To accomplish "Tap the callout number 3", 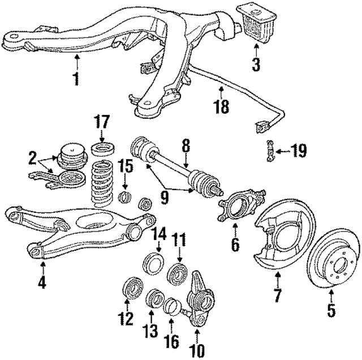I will pyautogui.click(x=256, y=64).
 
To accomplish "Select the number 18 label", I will pyautogui.click(x=222, y=106).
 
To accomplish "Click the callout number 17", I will pyautogui.click(x=102, y=122).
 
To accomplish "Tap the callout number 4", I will pyautogui.click(x=42, y=281).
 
